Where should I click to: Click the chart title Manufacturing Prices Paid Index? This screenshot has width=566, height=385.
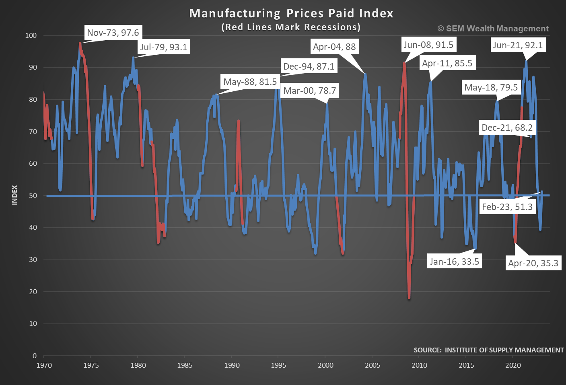[291, 13]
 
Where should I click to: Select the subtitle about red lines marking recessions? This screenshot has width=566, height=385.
[291, 27]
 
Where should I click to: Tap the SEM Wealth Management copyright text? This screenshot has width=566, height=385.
[493, 29]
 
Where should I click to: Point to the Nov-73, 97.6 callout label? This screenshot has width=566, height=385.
[113, 33]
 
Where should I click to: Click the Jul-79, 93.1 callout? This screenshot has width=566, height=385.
[163, 47]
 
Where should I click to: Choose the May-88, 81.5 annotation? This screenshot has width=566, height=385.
[250, 82]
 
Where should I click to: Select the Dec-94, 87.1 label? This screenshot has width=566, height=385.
[309, 66]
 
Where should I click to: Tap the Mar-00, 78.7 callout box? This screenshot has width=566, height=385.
[309, 91]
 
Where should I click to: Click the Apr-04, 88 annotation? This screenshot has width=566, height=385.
[334, 47]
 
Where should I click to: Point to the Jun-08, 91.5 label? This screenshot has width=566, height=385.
[428, 45]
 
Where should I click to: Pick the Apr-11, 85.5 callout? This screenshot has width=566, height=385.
[447, 63]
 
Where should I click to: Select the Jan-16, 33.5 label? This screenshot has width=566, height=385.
[454, 261]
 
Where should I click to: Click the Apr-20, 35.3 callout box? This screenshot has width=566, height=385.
[533, 263]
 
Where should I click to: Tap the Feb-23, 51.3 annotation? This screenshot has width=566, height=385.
[507, 207]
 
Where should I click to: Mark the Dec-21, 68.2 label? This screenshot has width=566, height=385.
[507, 128]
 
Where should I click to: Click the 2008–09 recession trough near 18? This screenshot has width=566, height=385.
[409, 298]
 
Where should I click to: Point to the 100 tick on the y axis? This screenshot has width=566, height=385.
[31, 35]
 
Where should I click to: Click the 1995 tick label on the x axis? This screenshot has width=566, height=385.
[278, 365]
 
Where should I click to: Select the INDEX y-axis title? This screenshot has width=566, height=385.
[15, 195]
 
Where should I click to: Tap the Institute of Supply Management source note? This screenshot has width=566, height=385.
[488, 350]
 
